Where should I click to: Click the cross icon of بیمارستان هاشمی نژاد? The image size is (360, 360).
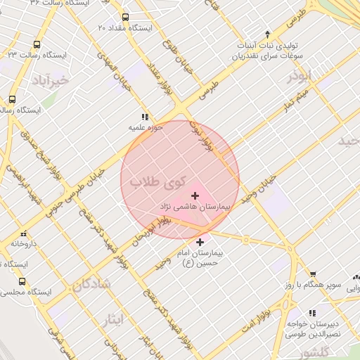tap(195, 195)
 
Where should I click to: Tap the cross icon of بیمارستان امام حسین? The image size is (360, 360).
tap(201, 242)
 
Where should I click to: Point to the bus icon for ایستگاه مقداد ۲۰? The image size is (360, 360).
tap(125, 17)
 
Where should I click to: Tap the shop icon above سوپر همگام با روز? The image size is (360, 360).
tap(312, 274)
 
